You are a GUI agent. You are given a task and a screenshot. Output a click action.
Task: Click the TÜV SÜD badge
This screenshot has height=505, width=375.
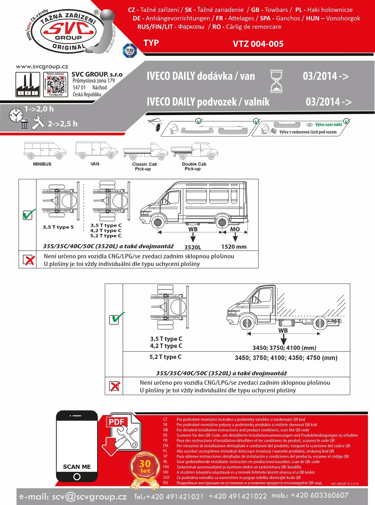coord(130,50)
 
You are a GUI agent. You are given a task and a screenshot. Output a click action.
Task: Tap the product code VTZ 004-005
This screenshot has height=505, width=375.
coord(258,44)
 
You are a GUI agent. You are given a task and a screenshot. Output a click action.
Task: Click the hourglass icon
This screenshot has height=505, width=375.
coord(277,81)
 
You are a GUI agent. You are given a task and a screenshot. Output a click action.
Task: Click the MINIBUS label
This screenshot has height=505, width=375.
coord(42,164)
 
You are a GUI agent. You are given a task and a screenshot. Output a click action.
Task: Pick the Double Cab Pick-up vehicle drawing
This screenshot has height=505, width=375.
coord(194,151)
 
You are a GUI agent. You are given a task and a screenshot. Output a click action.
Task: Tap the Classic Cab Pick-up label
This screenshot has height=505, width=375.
coord(144,166)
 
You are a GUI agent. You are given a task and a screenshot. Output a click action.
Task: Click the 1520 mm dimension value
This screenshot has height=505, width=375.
coord(234,247)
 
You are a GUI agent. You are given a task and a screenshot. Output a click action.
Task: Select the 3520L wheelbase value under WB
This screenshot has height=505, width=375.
coord(193,247)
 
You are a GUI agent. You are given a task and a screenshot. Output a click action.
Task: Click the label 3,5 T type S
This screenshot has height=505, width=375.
coord(58,227)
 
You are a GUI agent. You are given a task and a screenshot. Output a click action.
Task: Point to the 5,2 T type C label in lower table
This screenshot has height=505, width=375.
coord(165,357)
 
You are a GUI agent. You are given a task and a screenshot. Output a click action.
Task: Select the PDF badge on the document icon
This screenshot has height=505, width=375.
coord(116,422)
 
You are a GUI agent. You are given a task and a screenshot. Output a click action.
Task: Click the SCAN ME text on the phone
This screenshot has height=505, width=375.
coord(77,467)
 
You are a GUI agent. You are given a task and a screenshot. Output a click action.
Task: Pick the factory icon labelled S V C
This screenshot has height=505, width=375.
coord(28,84)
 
